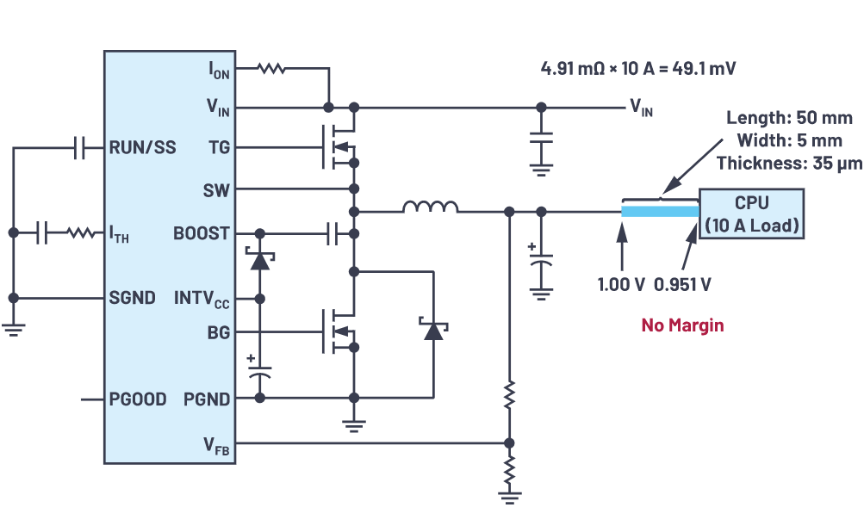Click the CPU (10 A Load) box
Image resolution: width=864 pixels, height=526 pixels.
click(752, 214)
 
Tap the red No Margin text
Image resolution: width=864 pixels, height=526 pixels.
click(682, 325)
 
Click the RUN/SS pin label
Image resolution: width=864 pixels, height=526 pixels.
click(142, 147)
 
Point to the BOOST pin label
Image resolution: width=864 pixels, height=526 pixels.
click(202, 232)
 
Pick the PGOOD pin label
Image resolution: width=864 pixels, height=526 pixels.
click(138, 399)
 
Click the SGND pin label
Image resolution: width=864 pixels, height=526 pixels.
click(133, 298)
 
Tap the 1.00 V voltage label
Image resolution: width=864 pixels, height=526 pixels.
click(621, 285)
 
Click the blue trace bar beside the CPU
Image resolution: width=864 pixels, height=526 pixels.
click(660, 211)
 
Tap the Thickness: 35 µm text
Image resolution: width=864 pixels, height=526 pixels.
click(789, 163)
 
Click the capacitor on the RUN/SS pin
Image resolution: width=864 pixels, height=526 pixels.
click(79, 148)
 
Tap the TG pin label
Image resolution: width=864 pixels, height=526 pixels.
click(219, 147)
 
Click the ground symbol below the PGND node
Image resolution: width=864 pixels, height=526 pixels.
click(353, 424)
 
